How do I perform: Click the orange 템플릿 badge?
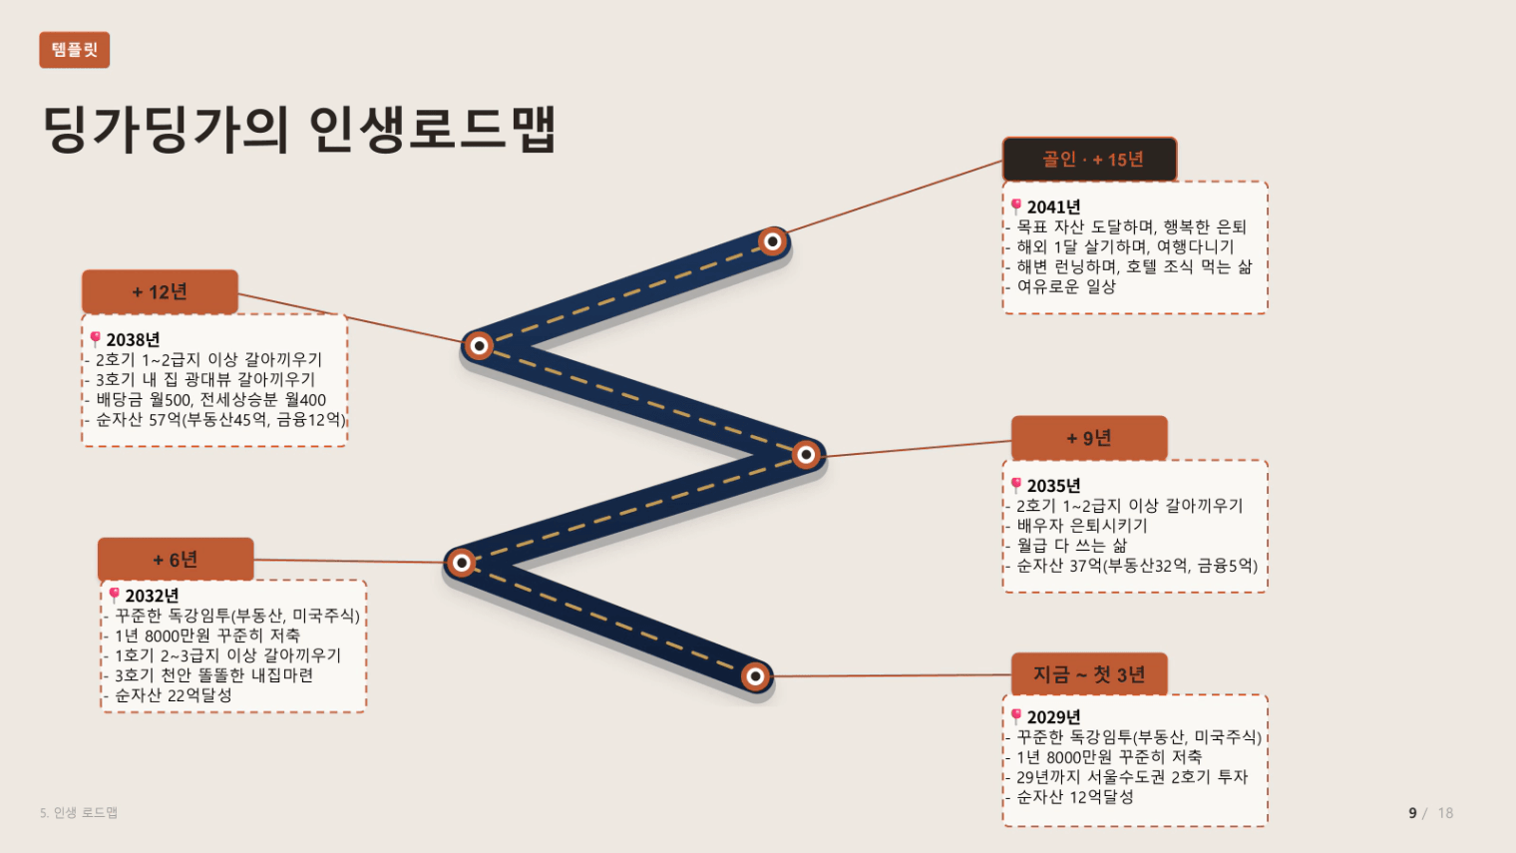75,50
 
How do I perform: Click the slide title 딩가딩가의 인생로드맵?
299,129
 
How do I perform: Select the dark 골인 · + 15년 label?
1089,159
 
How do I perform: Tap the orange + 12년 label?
160,291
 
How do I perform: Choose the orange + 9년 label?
1089,438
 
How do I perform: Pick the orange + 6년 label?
176,559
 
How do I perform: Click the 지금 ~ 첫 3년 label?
1089,674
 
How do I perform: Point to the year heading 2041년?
1054,208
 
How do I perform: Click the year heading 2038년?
134,340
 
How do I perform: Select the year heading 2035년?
1054,486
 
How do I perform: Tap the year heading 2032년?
153,596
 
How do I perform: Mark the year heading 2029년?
1054,717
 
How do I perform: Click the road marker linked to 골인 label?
773,241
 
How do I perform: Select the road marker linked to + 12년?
479,346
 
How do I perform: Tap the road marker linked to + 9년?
806,454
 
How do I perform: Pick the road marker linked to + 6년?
462,563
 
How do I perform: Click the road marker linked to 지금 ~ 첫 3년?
756,675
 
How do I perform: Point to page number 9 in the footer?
1412,813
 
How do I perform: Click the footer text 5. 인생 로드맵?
79,812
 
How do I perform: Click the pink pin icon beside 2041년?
1016,206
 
